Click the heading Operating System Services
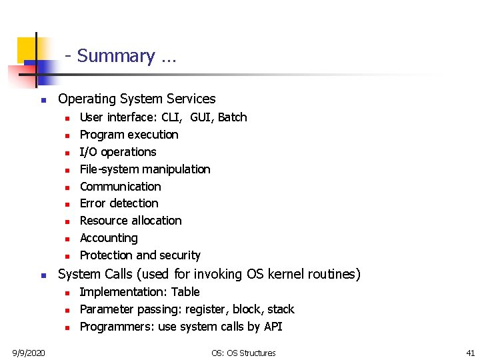point(137,99)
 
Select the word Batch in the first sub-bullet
point(233,117)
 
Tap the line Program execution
point(129,135)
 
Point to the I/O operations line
point(118,152)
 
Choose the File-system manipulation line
point(145,169)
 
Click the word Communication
point(120,187)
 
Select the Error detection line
point(119,203)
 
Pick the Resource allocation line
point(131,221)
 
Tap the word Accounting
point(108,238)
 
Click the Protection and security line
point(140,255)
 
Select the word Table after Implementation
point(185,292)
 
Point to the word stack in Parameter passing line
point(281,309)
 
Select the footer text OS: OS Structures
point(243,353)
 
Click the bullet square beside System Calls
point(42,275)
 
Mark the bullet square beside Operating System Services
point(42,100)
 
